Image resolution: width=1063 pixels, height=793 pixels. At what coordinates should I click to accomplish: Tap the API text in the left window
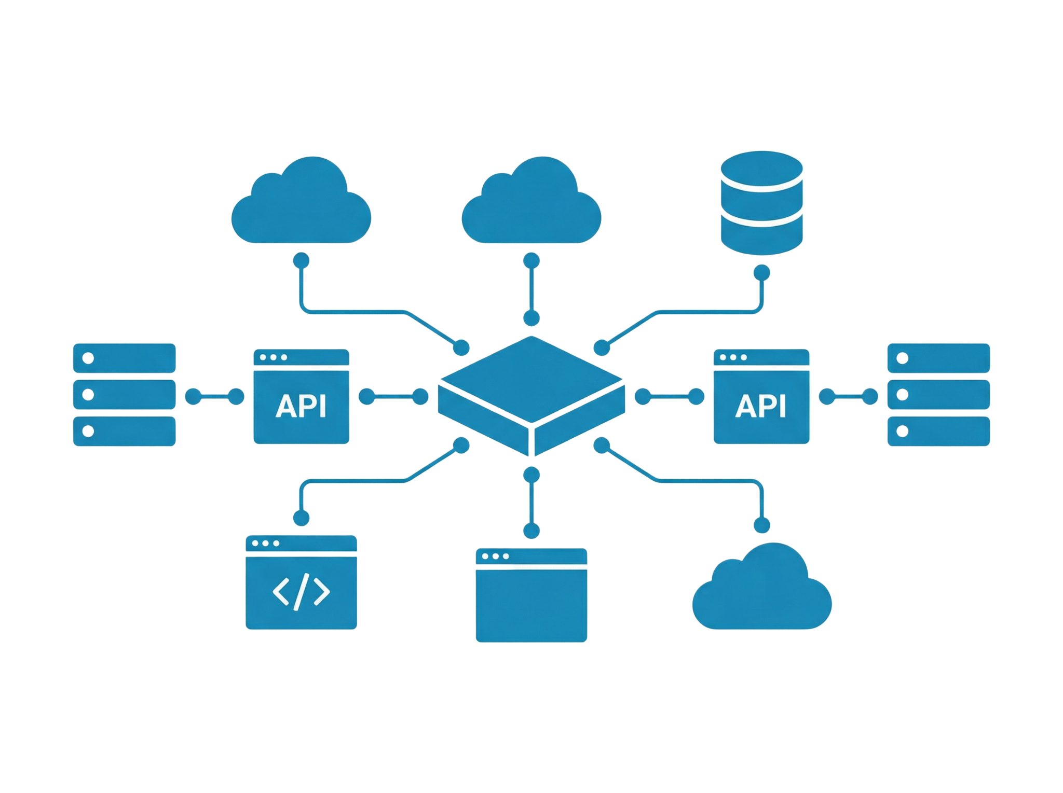tap(301, 406)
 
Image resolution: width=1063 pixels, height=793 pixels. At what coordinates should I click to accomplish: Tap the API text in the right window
tap(761, 406)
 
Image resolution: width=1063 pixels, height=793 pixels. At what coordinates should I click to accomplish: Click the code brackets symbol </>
tap(301, 592)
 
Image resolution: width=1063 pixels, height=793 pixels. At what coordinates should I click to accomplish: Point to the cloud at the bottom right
tap(762, 589)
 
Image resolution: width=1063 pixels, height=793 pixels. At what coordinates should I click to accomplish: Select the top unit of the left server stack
tap(124, 358)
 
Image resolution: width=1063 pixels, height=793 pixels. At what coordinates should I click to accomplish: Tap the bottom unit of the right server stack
tap(938, 431)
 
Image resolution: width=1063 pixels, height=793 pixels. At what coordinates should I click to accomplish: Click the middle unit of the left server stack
tap(124, 395)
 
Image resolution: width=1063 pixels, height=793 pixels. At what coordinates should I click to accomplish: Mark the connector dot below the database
tap(762, 272)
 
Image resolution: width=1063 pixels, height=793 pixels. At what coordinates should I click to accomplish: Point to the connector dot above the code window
tap(302, 517)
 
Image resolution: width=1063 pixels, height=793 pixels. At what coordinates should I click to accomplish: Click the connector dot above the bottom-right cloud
tap(762, 524)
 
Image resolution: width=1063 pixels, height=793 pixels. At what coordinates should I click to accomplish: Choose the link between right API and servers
tap(849, 397)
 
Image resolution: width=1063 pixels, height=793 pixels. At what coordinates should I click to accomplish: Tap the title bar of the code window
tap(301, 544)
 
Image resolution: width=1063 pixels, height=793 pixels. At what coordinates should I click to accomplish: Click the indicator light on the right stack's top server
tap(903, 358)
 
